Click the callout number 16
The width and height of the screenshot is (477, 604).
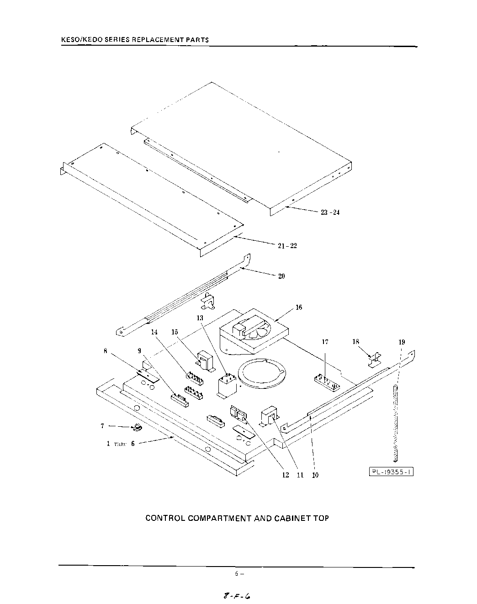(299, 307)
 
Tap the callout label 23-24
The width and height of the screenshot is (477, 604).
(330, 212)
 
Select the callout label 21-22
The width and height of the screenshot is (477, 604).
(287, 246)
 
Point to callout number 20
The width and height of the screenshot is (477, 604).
(281, 276)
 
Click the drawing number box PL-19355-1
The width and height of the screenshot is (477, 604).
(391, 472)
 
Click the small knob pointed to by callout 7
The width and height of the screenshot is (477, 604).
(137, 428)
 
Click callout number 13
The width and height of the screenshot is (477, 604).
(200, 318)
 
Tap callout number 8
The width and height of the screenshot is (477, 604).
(106, 351)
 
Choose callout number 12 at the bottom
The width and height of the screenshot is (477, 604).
(286, 475)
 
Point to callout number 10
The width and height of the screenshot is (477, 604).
(315, 475)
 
